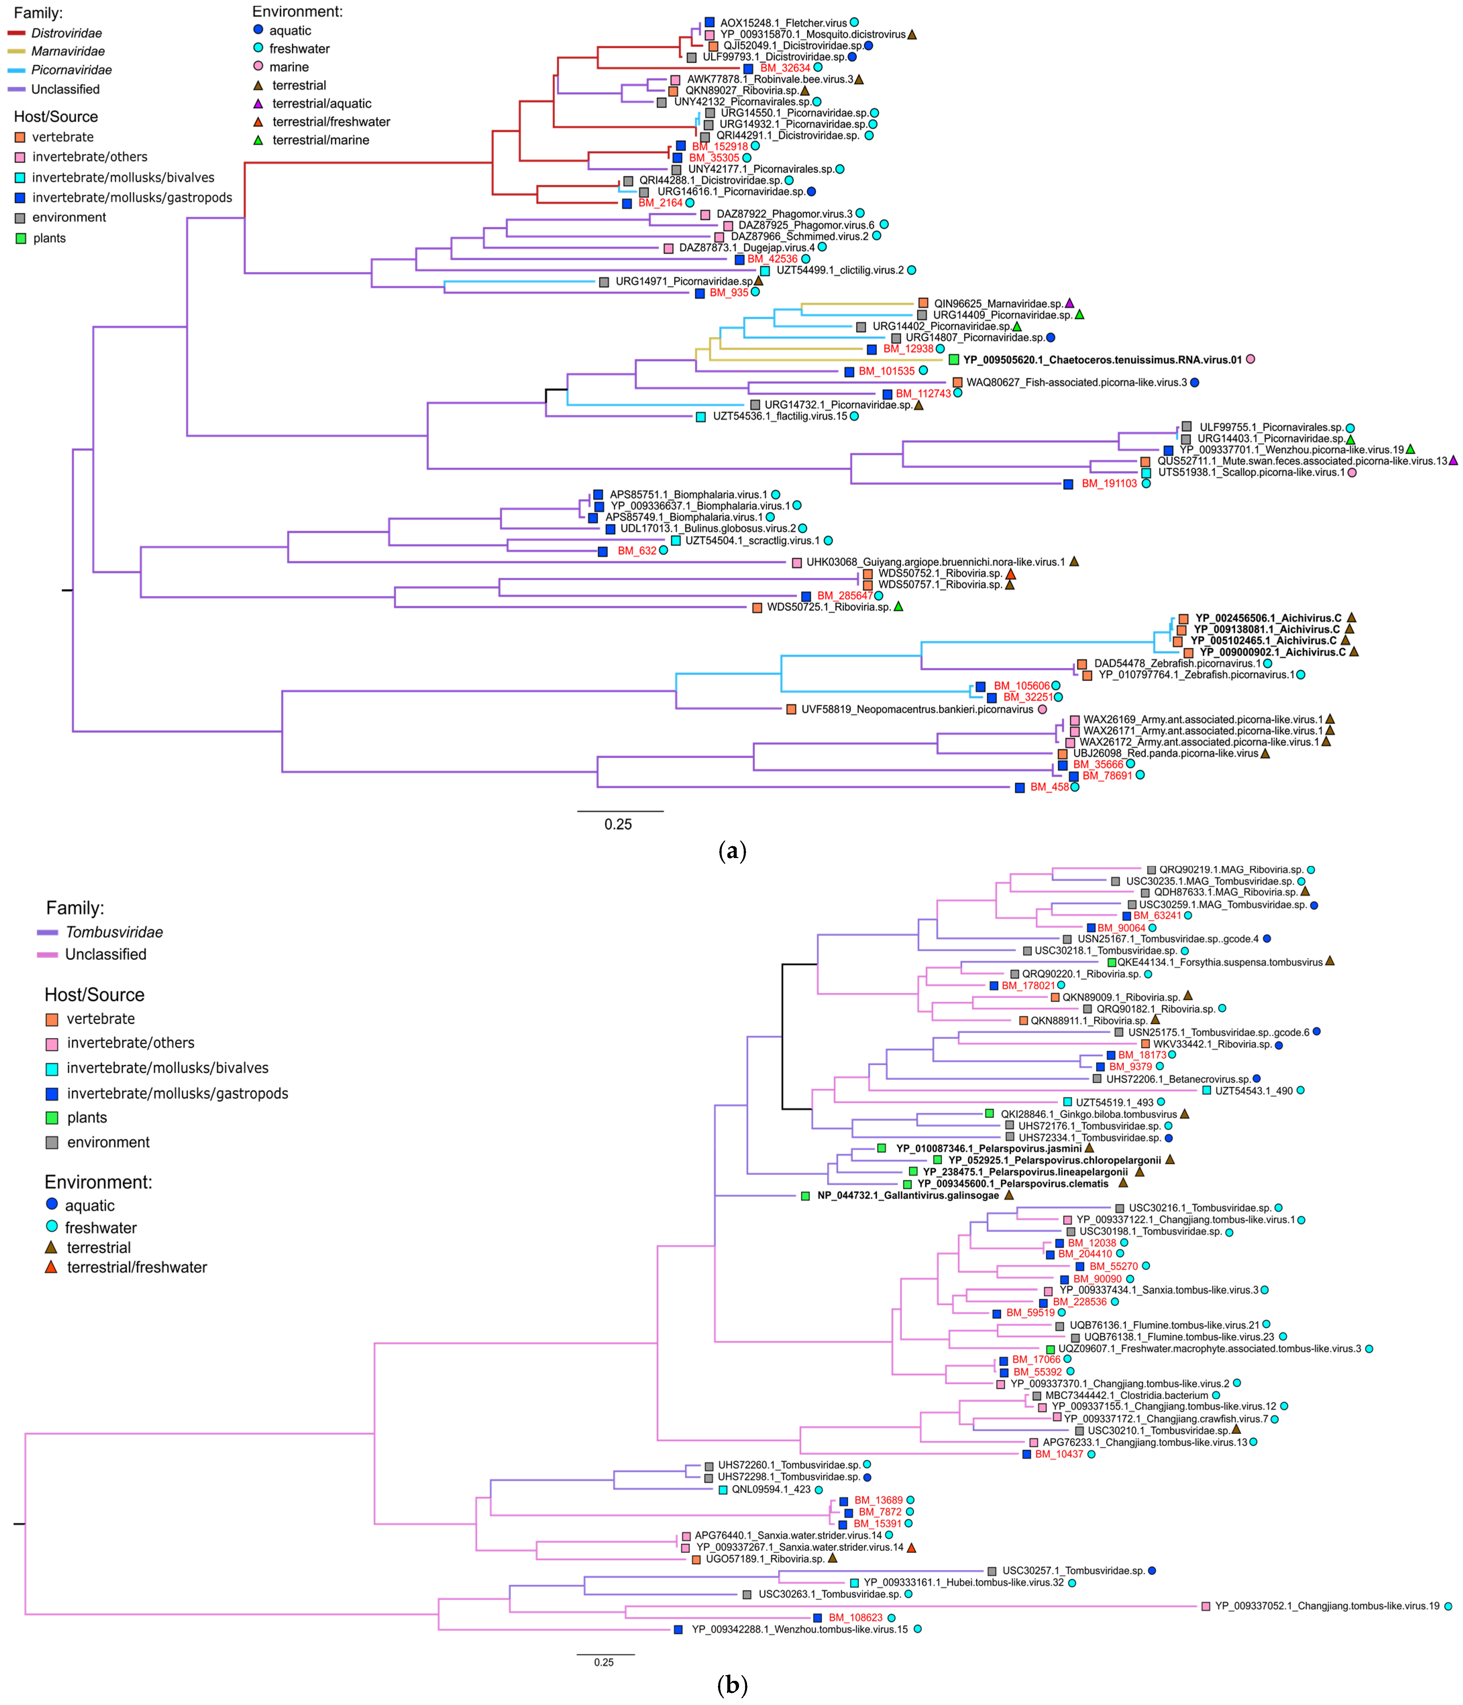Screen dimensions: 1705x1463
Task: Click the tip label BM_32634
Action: point(785,68)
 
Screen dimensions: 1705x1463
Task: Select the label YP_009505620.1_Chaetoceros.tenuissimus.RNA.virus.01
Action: point(1102,359)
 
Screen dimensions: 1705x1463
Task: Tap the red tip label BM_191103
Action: point(1108,484)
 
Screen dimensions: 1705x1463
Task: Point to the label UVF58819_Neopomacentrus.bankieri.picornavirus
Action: point(917,709)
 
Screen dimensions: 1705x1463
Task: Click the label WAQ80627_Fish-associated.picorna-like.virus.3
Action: point(1076,383)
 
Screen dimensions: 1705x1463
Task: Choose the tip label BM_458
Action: point(1049,788)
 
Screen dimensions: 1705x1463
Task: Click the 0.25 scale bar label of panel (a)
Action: point(618,825)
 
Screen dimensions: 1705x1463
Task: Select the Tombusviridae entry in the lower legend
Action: point(114,932)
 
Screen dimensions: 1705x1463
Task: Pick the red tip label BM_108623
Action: point(855,1618)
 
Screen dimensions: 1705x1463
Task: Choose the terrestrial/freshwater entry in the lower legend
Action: point(136,1267)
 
